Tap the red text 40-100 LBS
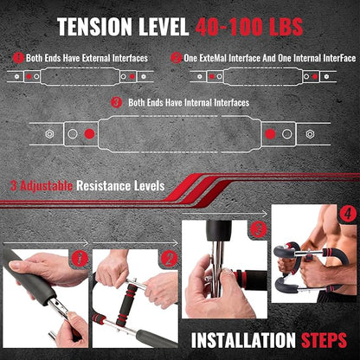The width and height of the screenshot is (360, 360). [x=249, y=27]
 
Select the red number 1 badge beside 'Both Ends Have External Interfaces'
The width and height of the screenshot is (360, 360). [x=18, y=58]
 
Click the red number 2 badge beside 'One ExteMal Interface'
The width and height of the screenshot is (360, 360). [x=177, y=58]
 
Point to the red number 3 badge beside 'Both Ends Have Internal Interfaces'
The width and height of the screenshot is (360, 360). [x=117, y=103]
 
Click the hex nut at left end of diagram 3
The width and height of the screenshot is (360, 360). [x=49, y=134]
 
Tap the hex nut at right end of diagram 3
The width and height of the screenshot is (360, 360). [x=310, y=134]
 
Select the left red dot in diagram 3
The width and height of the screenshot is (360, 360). [x=89, y=134]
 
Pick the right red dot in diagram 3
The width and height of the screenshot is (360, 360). [x=270, y=134]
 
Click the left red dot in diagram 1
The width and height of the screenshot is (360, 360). [x=29, y=77]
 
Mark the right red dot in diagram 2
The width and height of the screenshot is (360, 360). [x=315, y=77]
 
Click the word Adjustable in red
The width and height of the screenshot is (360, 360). [x=47, y=186]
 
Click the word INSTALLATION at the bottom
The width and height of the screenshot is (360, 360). [x=243, y=340]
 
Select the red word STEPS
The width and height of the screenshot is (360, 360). [x=324, y=340]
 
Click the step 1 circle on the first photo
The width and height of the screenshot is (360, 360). [x=80, y=259]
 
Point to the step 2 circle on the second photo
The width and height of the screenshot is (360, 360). [x=169, y=259]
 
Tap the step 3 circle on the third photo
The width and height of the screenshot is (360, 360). [x=259, y=229]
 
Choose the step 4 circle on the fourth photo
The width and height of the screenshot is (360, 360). [x=348, y=214]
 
